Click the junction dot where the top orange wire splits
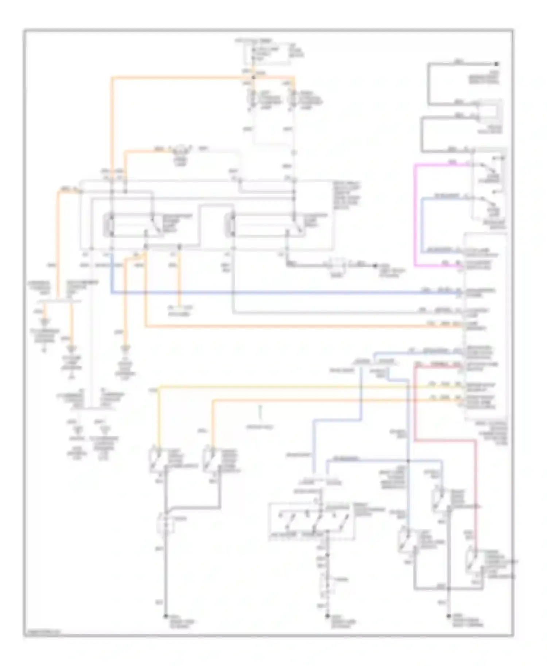[x=253, y=77]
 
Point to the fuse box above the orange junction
[x=267, y=55]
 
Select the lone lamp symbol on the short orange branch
[x=179, y=149]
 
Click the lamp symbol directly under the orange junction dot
[x=252, y=98]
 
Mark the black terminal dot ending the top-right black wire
[x=496, y=64]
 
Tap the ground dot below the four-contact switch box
[x=327, y=616]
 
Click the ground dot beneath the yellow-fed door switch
[x=166, y=616]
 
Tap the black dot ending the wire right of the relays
[x=375, y=266]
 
